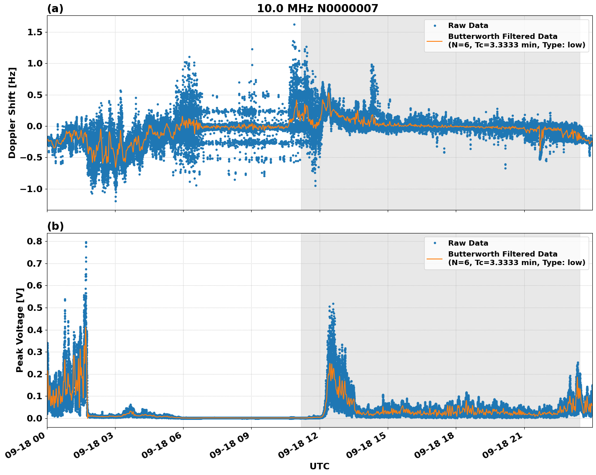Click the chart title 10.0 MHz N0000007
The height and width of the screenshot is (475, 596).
pos(317,9)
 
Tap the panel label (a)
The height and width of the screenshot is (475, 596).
pos(55,9)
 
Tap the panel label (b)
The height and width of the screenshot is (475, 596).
pos(55,226)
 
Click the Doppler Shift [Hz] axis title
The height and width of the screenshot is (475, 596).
pos(12,113)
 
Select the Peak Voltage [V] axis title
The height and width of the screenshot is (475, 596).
pos(19,330)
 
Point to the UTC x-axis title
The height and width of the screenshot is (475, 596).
pos(319,466)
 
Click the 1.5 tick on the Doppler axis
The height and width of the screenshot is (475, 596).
pos(35,32)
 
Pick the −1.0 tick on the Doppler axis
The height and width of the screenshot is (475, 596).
pos(32,189)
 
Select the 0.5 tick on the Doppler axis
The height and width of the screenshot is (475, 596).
pos(35,95)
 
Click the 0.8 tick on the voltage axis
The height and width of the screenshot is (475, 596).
pos(35,242)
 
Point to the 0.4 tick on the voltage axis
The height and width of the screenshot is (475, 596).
pos(35,330)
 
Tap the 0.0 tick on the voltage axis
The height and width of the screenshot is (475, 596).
pos(35,418)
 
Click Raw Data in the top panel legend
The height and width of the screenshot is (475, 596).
pos(468,26)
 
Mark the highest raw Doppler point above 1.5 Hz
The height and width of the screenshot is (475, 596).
pos(294,24)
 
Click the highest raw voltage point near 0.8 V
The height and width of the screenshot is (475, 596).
pos(86,242)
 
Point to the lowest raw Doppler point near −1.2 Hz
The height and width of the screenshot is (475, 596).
pos(115,201)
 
